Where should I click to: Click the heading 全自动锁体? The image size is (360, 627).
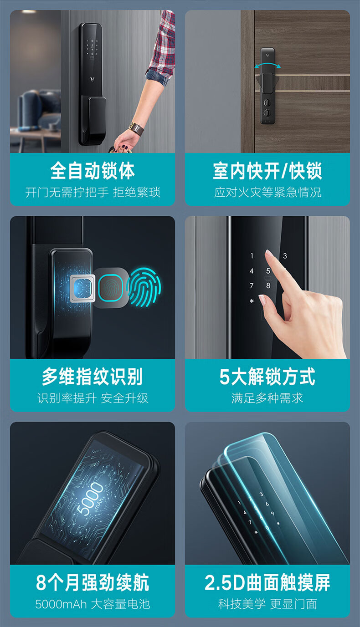pos(93,171)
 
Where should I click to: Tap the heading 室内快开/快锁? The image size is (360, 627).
pos(267,171)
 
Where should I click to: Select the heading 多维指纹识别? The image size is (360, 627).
pos(93,377)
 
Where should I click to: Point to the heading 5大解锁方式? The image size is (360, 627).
pos(267,377)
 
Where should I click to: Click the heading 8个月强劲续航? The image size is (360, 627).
pos(93,583)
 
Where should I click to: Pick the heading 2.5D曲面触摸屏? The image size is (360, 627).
pos(267,583)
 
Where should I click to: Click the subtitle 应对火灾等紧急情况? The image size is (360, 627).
pos(267,192)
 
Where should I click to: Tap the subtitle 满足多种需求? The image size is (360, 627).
pos(267,398)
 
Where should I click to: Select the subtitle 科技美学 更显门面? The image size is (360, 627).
pos(267,604)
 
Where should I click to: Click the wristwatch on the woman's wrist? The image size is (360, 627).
pos(136,128)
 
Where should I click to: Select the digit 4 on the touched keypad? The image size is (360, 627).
pos(251,271)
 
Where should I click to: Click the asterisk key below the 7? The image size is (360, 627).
pos(251,301)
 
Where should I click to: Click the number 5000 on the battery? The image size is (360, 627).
pos(90,499)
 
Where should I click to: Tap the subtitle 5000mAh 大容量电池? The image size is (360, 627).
pos(93,604)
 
